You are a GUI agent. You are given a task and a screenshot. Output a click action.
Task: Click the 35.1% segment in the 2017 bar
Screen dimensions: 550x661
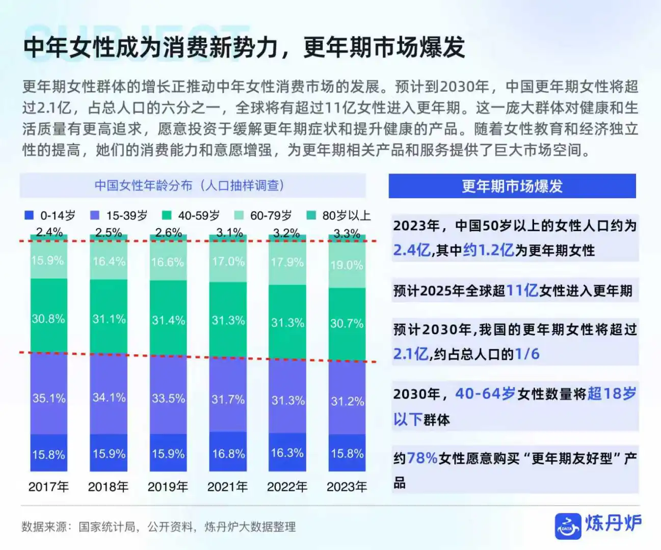click(x=49, y=398)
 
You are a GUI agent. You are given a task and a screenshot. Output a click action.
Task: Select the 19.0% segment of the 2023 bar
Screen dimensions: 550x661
click(x=347, y=265)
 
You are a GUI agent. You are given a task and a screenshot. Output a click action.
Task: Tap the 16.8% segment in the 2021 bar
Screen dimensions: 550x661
click(x=228, y=453)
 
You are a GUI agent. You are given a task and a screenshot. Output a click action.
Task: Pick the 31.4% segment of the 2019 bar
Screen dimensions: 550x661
click(x=168, y=320)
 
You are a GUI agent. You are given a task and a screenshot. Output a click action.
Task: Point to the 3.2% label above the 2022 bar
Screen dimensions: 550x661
click(x=286, y=233)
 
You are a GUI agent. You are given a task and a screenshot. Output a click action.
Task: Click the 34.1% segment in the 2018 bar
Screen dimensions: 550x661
click(x=109, y=397)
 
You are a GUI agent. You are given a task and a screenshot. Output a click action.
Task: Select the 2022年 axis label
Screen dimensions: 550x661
click(x=287, y=487)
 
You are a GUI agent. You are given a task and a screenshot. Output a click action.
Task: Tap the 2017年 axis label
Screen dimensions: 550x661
click(x=48, y=487)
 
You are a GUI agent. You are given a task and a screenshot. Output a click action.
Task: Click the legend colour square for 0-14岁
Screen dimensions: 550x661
click(x=29, y=215)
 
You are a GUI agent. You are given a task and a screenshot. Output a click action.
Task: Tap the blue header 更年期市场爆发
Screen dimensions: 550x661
click(x=512, y=186)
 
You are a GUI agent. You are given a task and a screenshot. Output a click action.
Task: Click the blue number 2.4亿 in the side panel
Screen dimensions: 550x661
click(x=412, y=250)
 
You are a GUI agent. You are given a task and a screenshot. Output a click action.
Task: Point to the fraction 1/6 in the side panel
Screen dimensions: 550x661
click(x=527, y=354)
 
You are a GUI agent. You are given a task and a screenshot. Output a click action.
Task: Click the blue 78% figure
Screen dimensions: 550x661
click(x=422, y=458)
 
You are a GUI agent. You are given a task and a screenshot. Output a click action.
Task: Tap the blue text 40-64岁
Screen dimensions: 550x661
click(x=485, y=394)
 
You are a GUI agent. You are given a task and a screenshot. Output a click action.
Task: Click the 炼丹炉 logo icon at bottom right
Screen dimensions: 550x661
click(x=568, y=526)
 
